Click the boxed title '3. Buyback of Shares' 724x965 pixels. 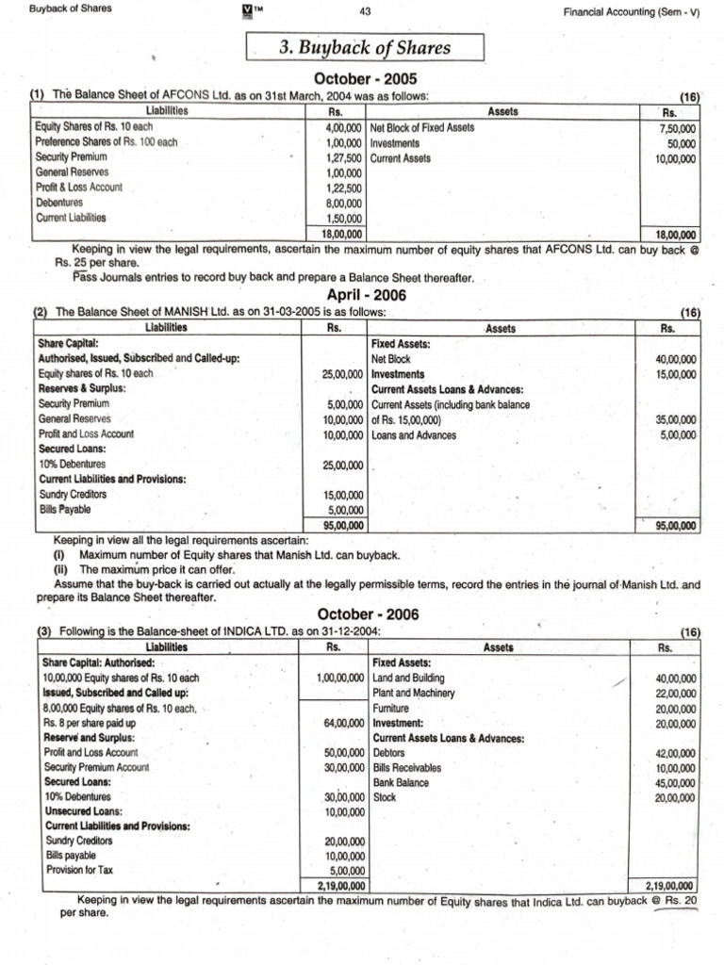[364, 47]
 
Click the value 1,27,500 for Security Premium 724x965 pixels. [342, 158]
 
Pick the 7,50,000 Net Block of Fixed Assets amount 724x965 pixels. [677, 128]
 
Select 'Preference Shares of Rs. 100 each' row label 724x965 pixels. [106, 142]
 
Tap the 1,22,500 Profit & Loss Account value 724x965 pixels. [342, 188]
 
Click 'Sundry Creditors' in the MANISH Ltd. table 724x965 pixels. [73, 495]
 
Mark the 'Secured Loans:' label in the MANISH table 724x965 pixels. [72, 450]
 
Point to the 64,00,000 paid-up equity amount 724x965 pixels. [343, 723]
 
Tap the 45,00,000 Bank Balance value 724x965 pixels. [675, 783]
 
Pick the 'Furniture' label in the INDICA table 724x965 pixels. [391, 708]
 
